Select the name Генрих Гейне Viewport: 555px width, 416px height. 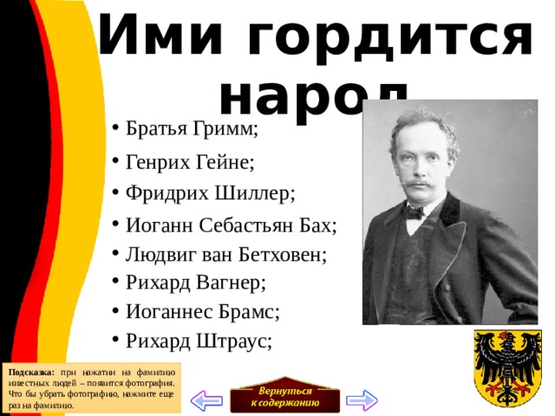(190, 162)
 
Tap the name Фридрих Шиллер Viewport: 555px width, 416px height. (210, 192)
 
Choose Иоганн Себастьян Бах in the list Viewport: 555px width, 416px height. (231, 225)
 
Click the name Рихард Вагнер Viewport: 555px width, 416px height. (195, 283)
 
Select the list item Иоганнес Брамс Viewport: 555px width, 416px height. (202, 312)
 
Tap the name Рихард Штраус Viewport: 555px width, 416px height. (198, 341)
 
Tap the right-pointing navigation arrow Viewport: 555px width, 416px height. (362, 400)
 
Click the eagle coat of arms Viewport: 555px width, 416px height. (504, 367)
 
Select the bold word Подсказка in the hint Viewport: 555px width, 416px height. (31, 372)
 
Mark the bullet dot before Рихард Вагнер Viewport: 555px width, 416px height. (115, 283)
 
